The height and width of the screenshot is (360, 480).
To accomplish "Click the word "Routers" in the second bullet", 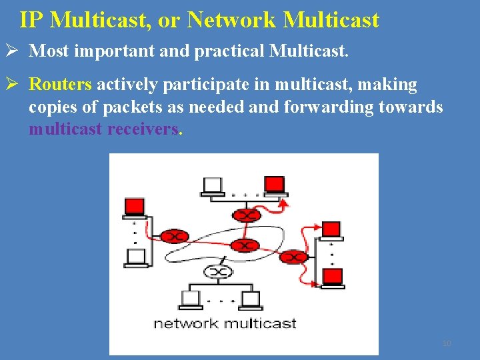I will [60, 85].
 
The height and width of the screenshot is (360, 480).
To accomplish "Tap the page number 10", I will [447, 343].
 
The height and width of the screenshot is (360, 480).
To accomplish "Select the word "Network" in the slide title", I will [231, 20].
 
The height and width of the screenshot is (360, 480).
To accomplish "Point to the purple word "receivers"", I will [143, 129].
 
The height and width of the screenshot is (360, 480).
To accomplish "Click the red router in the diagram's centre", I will [245, 245].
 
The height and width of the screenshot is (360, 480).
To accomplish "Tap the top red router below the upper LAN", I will [245, 215].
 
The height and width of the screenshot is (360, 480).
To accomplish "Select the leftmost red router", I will [175, 237].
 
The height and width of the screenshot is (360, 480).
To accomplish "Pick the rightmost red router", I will [295, 257].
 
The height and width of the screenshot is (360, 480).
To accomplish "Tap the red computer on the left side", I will [135, 207].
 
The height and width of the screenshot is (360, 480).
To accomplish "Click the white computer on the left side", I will [136, 257].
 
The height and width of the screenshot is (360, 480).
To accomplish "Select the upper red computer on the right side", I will [331, 230].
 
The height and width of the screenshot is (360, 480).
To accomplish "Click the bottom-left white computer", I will [191, 299].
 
